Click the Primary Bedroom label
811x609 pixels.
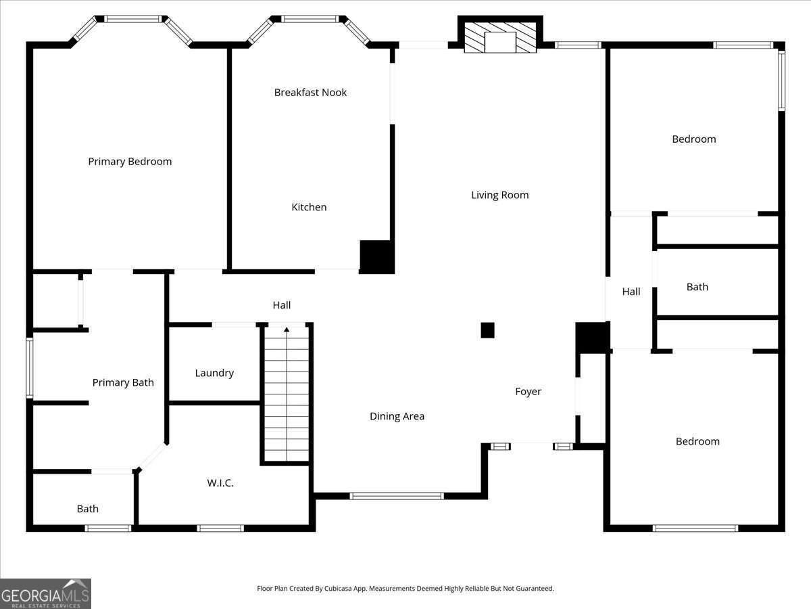[x=130, y=161]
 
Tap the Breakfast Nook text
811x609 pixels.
[x=310, y=92]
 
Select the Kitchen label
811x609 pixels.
[x=309, y=207]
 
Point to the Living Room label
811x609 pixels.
[x=499, y=195]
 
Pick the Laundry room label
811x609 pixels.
[x=214, y=373]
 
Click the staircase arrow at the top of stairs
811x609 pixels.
[x=287, y=330]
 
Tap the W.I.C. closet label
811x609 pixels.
[x=220, y=482]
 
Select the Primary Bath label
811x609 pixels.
[x=123, y=382]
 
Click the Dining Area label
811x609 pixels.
[x=397, y=416]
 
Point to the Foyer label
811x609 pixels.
[x=528, y=391]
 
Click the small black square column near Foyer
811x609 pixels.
[x=487, y=330]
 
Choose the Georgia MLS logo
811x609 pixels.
[x=45, y=593]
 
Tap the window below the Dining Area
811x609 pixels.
[x=397, y=496]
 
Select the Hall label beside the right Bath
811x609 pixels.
[x=631, y=292]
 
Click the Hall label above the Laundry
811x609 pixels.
[x=282, y=305]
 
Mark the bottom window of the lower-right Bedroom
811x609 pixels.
[x=695, y=528]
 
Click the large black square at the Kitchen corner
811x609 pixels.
[x=376, y=257]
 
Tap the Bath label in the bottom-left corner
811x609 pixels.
[x=87, y=509]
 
